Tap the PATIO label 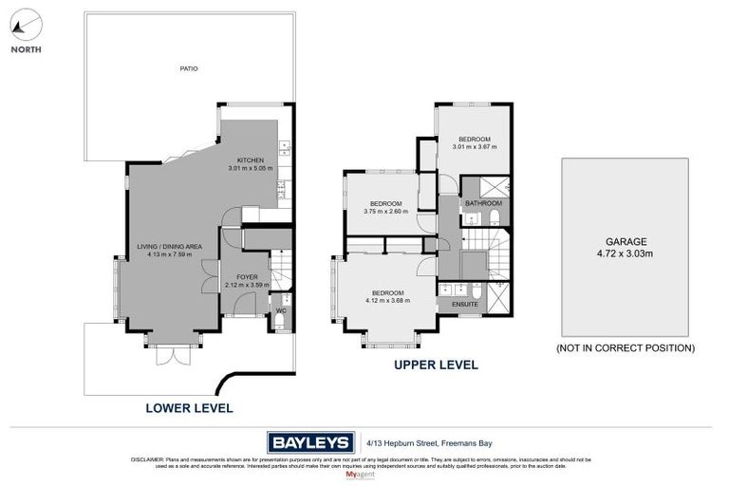[189, 68]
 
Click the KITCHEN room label [250, 160]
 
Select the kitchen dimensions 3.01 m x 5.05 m [250, 169]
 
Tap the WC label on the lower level [281, 310]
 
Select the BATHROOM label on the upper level [483, 203]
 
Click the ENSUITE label [464, 304]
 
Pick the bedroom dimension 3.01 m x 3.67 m [475, 146]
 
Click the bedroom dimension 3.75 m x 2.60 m [385, 212]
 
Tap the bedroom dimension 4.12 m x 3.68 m [387, 301]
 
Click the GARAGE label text [625, 241]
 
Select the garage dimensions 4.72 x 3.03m [625, 253]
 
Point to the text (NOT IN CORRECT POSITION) [625, 348]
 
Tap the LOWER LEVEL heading [188, 408]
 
